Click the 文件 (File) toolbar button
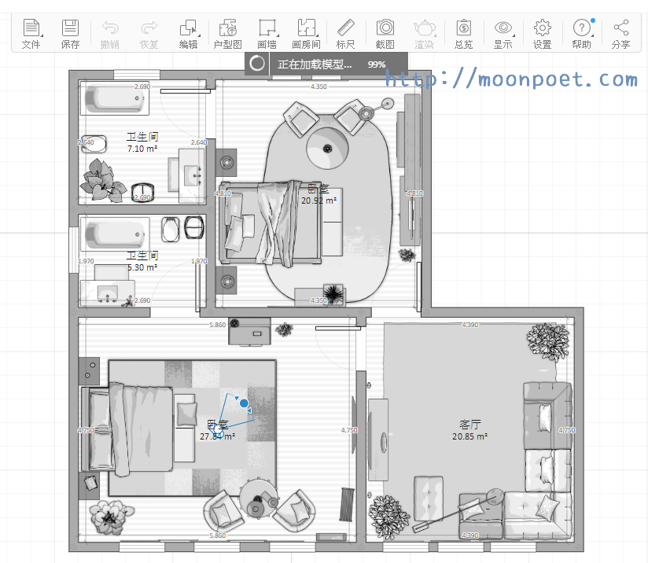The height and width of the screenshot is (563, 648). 31,34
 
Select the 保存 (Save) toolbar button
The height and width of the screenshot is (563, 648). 70,34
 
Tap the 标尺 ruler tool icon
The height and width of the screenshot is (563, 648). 345,34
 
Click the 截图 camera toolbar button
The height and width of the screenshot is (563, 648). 385,34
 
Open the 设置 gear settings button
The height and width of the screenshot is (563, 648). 542,34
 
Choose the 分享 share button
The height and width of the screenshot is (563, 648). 620,34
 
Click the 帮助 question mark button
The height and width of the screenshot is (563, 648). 581,34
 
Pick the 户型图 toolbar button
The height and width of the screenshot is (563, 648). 228,34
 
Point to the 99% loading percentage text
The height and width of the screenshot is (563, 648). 377,64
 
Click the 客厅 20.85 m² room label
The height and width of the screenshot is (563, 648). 470,430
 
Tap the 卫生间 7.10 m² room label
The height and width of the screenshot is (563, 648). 142,142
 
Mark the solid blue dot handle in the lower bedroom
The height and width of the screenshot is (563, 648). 245,403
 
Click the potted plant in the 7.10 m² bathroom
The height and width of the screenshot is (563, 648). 102,179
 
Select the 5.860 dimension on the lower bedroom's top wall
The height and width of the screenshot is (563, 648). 217,325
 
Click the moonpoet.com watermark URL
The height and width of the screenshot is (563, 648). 512,79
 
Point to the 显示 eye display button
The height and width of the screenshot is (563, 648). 503,34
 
